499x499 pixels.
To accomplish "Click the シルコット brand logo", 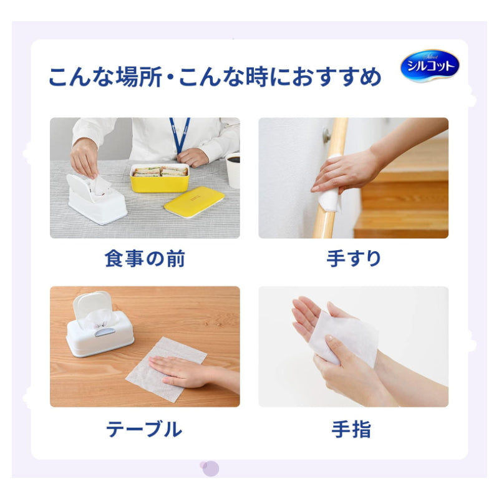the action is (430, 66).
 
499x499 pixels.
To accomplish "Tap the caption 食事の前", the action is (145, 258).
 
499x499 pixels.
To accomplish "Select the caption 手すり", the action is (354, 258).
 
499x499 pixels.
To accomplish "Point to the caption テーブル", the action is (144, 429).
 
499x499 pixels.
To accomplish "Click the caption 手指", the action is (351, 429).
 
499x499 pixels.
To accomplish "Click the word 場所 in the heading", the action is (138, 77).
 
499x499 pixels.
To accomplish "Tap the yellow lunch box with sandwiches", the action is (160, 178).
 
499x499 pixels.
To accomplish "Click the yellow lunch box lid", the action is (194, 202).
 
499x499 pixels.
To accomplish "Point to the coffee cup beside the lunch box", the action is (233, 170).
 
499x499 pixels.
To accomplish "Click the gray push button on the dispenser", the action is (105, 332).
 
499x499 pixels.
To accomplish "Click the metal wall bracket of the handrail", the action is (327, 135).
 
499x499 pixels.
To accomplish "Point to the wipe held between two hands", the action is (346, 337).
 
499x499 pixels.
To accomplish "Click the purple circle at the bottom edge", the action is (210, 468).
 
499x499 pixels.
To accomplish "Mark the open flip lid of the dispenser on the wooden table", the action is (92, 304).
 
